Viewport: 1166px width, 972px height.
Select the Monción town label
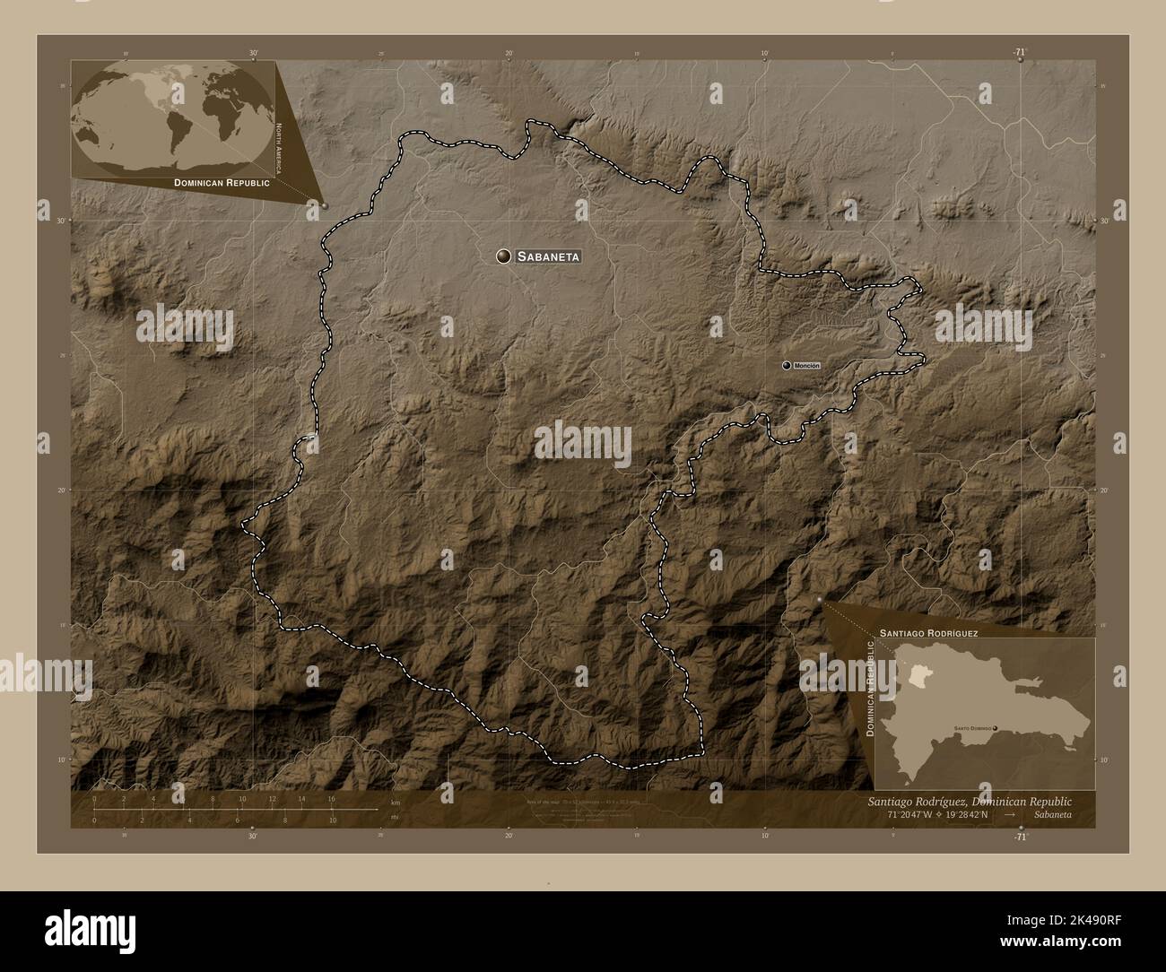click(x=807, y=366)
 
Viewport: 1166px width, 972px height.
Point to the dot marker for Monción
click(x=787, y=366)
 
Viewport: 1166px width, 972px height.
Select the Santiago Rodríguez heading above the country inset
click(x=928, y=632)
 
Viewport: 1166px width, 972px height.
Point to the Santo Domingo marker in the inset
click(x=995, y=728)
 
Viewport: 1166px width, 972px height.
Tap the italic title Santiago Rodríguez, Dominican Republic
click(x=970, y=800)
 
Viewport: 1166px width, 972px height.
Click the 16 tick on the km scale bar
click(x=331, y=799)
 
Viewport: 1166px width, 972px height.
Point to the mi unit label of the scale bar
click(x=395, y=817)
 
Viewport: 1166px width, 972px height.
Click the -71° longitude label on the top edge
click(x=1020, y=53)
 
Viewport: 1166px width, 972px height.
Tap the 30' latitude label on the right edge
click(x=1105, y=221)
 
